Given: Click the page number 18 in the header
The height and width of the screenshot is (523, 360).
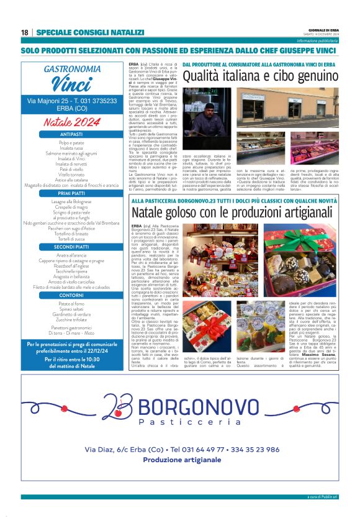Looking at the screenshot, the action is (x=24, y=32).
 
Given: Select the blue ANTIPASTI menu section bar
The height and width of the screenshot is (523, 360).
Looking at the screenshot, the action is (x=71, y=134).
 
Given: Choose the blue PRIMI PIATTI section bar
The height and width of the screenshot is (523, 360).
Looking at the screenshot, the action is (x=71, y=194).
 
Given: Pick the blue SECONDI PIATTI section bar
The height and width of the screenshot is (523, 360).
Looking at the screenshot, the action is (x=71, y=247).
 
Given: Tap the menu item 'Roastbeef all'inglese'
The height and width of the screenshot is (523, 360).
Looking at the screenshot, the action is (x=71, y=266).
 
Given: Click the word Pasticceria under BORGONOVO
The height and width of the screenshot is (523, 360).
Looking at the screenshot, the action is (x=189, y=422).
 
